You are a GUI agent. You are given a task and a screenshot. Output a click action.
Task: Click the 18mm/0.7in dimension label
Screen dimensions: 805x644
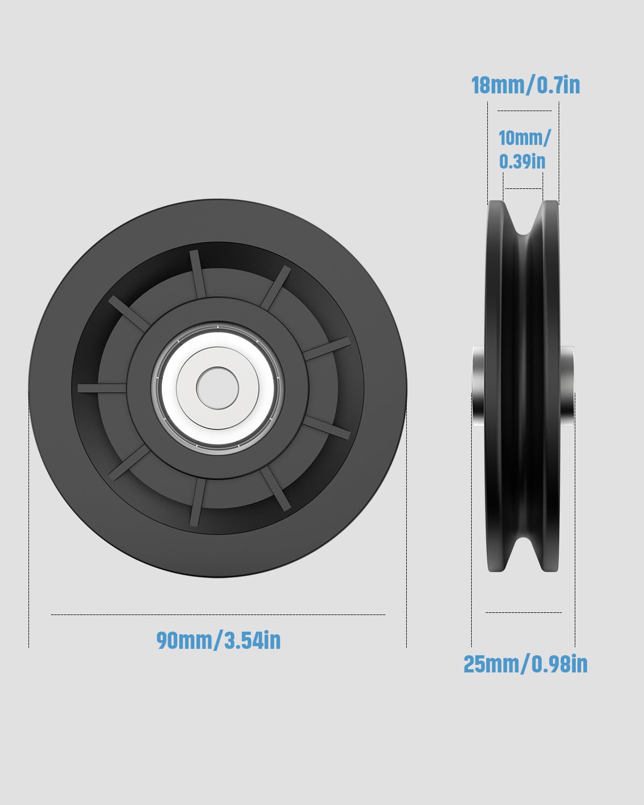[525, 86]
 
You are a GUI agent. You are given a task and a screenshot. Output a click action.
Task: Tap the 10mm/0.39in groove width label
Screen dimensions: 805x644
[524, 150]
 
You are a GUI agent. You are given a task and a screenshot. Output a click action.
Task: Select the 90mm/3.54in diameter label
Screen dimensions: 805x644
[218, 640]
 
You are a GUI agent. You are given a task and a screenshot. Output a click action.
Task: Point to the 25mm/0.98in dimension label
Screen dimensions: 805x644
[525, 664]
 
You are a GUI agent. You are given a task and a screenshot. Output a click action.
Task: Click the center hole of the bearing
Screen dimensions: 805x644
[217, 387]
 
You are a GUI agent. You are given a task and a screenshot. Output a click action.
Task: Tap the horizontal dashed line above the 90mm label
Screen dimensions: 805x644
[218, 614]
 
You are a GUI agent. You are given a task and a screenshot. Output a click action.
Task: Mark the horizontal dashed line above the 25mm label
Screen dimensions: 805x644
[523, 612]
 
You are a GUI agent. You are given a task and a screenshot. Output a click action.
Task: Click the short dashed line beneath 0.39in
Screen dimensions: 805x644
[523, 188]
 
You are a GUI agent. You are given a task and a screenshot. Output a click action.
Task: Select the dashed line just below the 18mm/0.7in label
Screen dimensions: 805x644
[524, 111]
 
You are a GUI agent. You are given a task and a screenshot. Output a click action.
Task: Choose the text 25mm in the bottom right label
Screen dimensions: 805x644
[489, 664]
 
